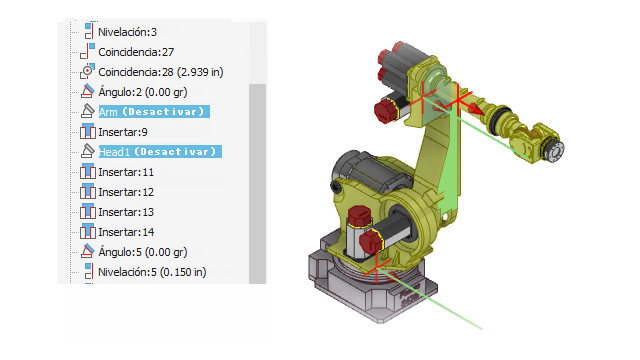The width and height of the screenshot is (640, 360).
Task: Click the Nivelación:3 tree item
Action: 127,32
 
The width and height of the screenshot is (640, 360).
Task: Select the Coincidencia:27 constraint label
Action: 136,52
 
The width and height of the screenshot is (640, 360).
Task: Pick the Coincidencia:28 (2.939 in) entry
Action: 161,72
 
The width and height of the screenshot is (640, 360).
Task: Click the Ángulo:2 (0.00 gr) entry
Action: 143,92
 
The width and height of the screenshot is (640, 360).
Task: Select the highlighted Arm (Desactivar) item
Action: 154,111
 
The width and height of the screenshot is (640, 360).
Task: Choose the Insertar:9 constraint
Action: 122,132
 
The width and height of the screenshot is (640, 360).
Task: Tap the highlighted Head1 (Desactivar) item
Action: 160,151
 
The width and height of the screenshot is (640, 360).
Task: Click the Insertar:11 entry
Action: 126,172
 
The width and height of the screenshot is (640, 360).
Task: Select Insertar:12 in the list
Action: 126,192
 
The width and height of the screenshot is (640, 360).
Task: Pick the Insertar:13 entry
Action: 126,212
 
